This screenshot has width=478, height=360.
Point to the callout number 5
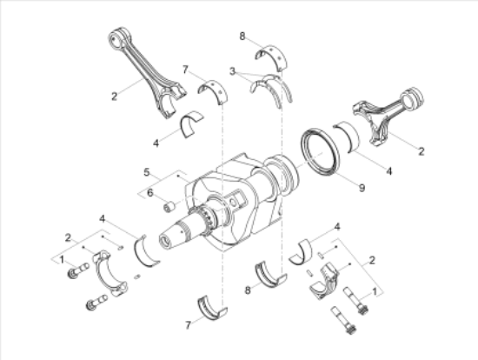pyautogui.click(x=147, y=171)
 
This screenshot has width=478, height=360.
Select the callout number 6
pyautogui.click(x=149, y=192)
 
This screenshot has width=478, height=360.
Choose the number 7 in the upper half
pyautogui.click(x=185, y=68)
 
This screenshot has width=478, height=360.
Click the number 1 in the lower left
pyautogui.click(x=61, y=258)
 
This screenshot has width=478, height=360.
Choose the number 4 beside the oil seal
pyautogui.click(x=389, y=171)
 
